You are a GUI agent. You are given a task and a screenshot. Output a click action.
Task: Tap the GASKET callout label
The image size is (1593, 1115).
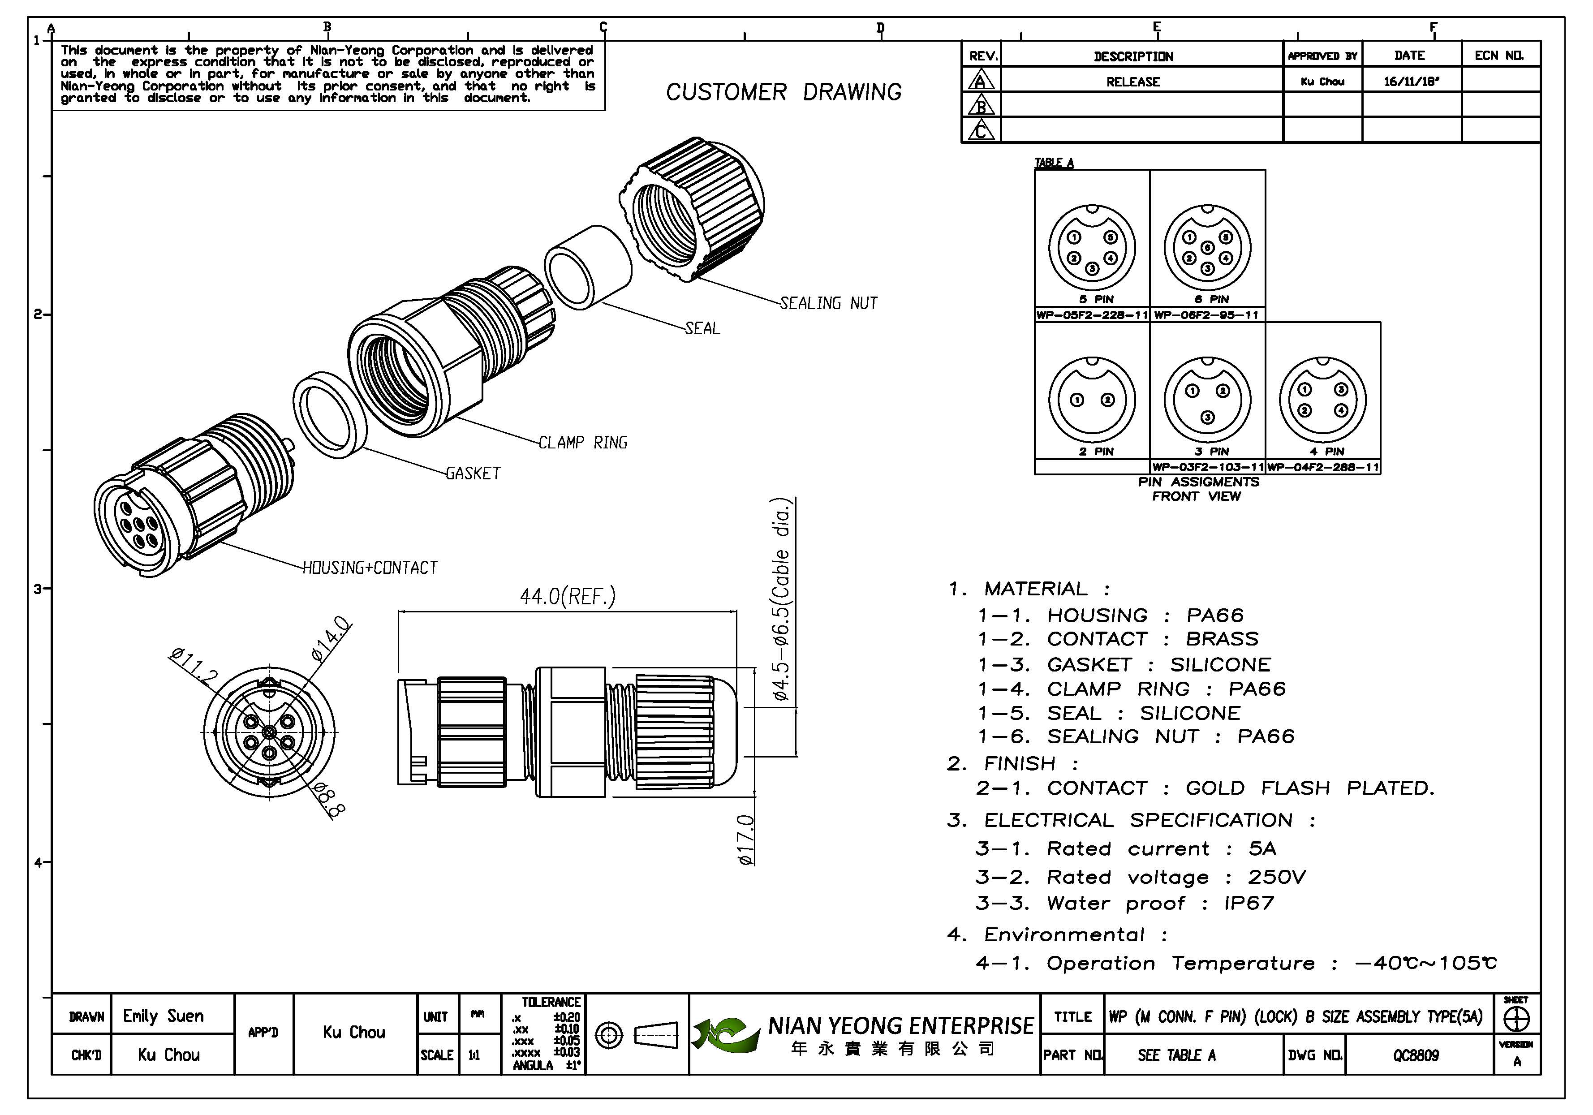(473, 473)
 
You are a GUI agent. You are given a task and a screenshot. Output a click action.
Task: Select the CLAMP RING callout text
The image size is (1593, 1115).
(583, 443)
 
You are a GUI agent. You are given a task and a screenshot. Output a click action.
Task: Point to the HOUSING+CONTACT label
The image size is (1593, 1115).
(370, 568)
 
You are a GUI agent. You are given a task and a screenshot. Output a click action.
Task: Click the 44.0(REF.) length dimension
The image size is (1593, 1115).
(568, 596)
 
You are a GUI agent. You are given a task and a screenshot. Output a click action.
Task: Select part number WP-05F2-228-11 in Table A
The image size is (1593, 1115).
(1091, 315)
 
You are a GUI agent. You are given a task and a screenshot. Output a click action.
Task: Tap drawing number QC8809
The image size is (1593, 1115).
(1416, 1055)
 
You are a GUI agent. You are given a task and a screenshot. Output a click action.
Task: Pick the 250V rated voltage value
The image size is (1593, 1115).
(1276, 877)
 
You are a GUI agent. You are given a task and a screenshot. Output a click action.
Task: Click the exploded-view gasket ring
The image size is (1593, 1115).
(330, 415)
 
